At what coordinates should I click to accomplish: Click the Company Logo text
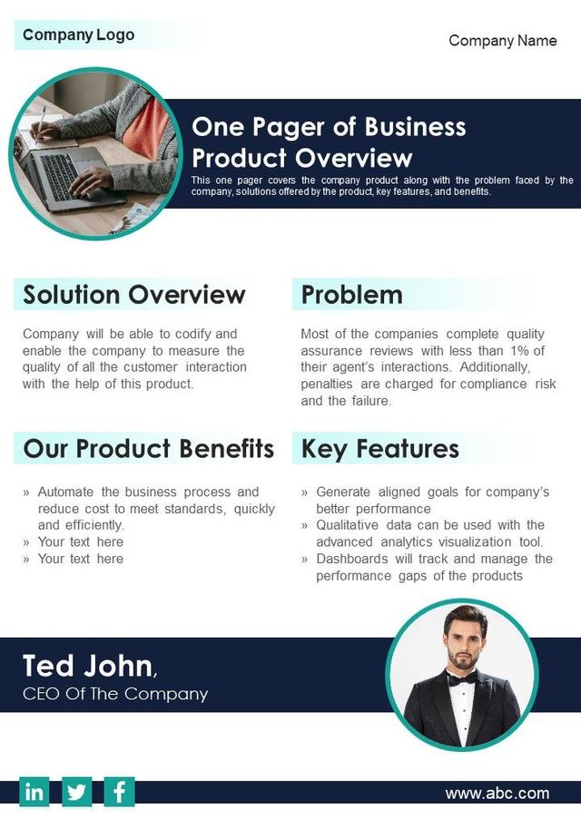78,35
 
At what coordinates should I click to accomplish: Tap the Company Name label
503,41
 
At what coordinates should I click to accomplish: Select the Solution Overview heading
134,295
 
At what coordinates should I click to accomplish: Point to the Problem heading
351,295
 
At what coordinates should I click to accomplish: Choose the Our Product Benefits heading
148,449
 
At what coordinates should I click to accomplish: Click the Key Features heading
379,449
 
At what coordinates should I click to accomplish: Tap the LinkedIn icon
34,792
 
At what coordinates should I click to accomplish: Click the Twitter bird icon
77,792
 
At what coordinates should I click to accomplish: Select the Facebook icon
119,792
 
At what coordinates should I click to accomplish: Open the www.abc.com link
497,794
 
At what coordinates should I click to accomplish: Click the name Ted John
87,666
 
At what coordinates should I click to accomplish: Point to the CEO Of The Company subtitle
115,694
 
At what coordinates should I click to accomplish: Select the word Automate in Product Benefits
67,492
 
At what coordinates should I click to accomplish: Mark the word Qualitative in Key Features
350,525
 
